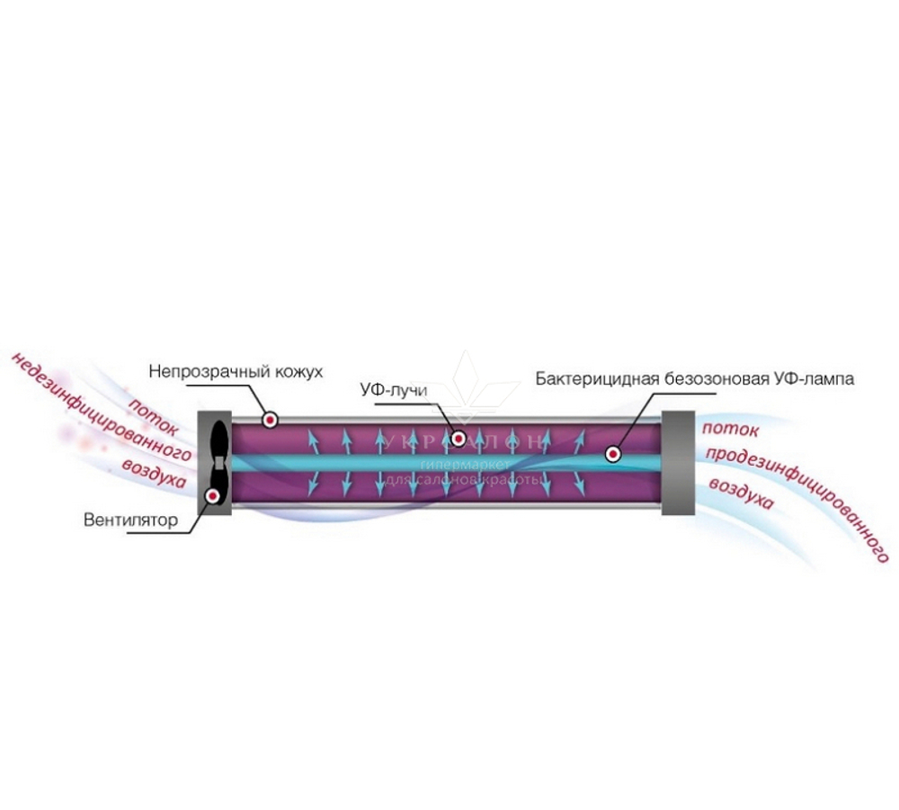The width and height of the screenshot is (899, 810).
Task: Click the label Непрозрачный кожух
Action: tap(235, 371)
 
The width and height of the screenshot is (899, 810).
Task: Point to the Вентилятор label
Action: tap(131, 520)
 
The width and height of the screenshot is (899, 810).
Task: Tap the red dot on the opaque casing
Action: tap(270, 420)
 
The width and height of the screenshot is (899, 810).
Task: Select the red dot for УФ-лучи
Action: tap(458, 439)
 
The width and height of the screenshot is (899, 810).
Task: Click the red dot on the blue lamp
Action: tap(613, 455)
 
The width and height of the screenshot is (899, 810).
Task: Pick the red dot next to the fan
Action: tap(214, 494)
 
